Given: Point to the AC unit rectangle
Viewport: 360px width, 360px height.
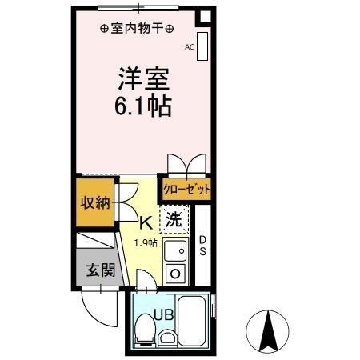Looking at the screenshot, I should pyautogui.click(x=202, y=46).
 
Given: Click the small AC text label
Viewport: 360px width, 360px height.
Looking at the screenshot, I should pyautogui.click(x=190, y=47).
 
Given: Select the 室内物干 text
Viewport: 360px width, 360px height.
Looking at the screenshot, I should pyautogui.click(x=136, y=27).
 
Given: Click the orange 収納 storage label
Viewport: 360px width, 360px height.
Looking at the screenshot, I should pyautogui.click(x=94, y=202).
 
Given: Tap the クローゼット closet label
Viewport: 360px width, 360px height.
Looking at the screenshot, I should pyautogui.click(x=186, y=190).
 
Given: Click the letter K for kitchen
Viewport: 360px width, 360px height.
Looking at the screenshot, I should pyautogui.click(x=145, y=223).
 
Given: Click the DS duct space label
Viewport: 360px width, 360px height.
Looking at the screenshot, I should pyautogui.click(x=202, y=246).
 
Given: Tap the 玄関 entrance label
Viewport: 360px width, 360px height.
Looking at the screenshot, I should pyautogui.click(x=100, y=269).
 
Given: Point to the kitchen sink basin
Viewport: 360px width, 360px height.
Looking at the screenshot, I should pyautogui.click(x=176, y=251).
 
